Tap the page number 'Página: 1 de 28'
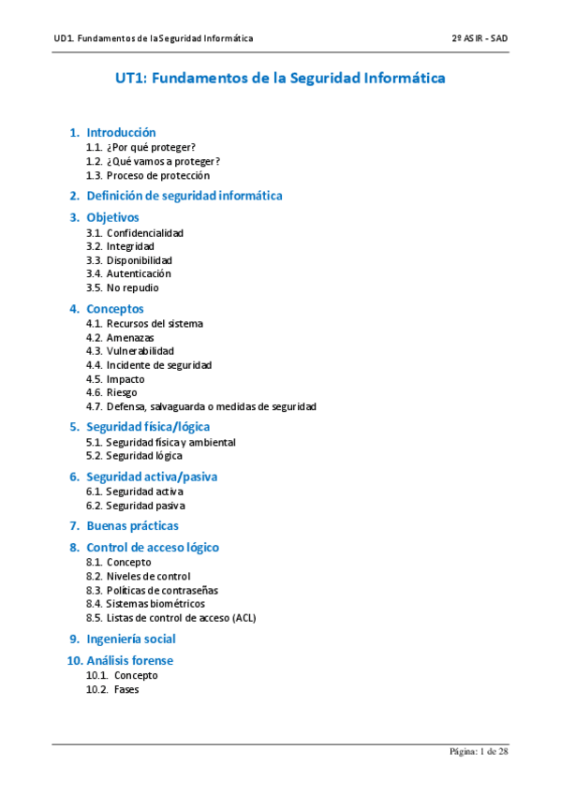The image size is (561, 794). pyautogui.click(x=479, y=752)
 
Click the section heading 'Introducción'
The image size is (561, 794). pyautogui.click(x=121, y=132)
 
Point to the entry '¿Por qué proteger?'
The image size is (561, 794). pyautogui.click(x=151, y=148)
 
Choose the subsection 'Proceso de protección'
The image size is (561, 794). pyautogui.click(x=157, y=175)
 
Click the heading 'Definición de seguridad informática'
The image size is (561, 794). pyautogui.click(x=185, y=196)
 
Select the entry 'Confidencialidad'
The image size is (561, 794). pyautogui.click(x=144, y=232)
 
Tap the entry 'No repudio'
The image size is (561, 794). pyautogui.click(x=132, y=287)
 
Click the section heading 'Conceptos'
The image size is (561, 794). pyautogui.click(x=115, y=308)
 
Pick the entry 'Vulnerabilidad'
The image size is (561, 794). pyautogui.click(x=140, y=351)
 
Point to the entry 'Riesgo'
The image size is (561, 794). pyautogui.click(x=122, y=392)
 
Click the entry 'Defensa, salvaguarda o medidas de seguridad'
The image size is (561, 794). pyautogui.click(x=211, y=406)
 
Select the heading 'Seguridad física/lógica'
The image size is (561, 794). pyautogui.click(x=155, y=427)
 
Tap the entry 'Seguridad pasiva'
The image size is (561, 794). pyautogui.click(x=145, y=506)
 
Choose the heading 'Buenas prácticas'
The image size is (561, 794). pyautogui.click(x=132, y=526)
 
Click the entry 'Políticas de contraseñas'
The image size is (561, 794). pyautogui.click(x=162, y=590)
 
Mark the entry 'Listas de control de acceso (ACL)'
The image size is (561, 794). pyautogui.click(x=181, y=618)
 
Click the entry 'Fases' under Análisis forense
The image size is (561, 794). pyautogui.click(x=126, y=689)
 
